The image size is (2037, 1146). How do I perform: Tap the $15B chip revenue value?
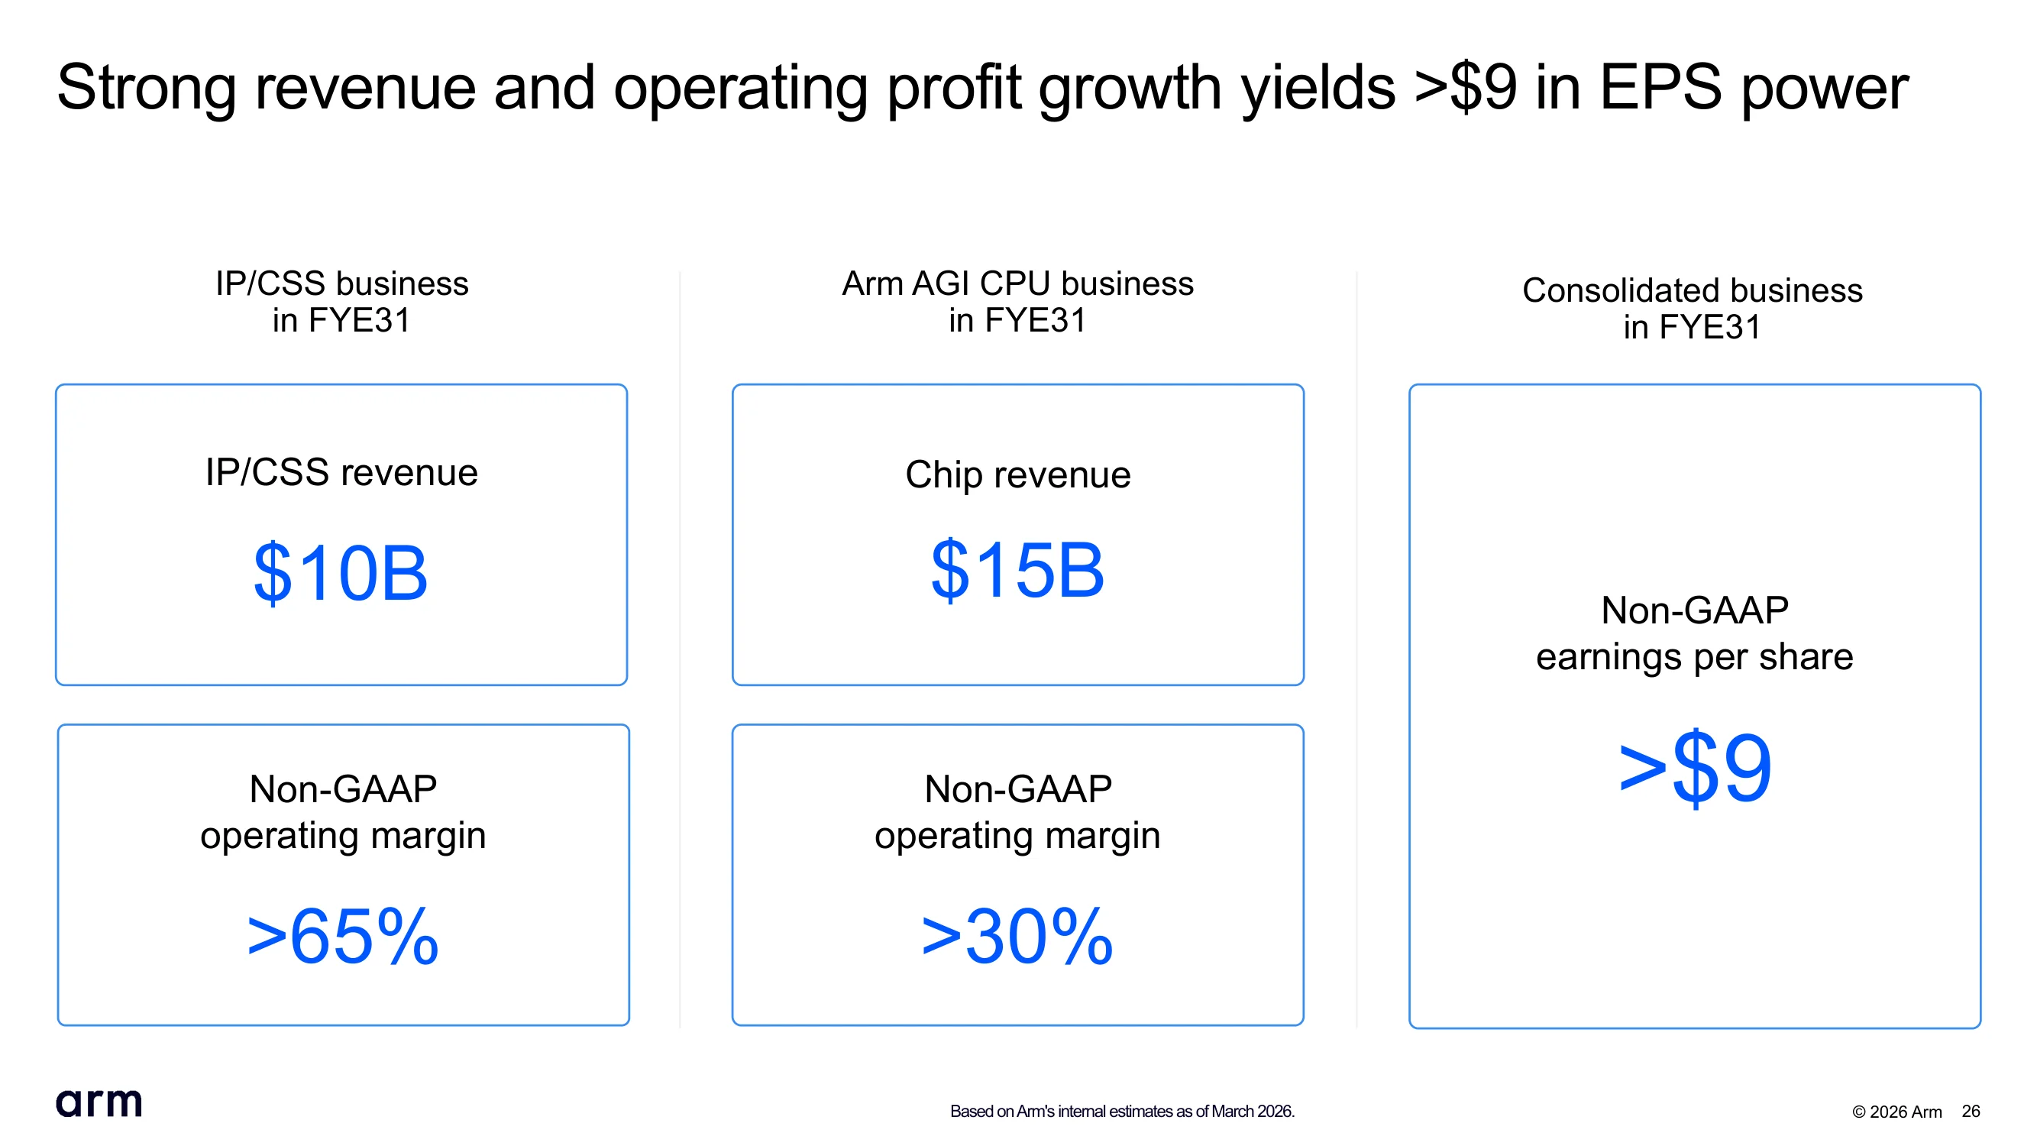click(x=1017, y=569)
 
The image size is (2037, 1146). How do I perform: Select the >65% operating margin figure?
click(x=342, y=937)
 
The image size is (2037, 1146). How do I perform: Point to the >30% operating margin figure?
click(x=1017, y=937)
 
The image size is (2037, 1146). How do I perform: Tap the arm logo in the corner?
click(x=99, y=1102)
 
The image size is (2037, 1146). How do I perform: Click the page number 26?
click(x=1971, y=1111)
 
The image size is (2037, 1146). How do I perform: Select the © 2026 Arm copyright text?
click(x=1897, y=1112)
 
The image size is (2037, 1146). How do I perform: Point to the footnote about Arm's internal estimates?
click(x=1122, y=1111)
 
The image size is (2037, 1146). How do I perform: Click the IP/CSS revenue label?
click(x=341, y=473)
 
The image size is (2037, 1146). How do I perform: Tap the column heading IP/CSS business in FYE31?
click(x=341, y=302)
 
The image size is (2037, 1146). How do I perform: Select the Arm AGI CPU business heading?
click(x=1017, y=302)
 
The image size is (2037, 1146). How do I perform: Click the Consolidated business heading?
click(x=1693, y=309)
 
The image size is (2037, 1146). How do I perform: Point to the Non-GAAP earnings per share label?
click(x=1695, y=633)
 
